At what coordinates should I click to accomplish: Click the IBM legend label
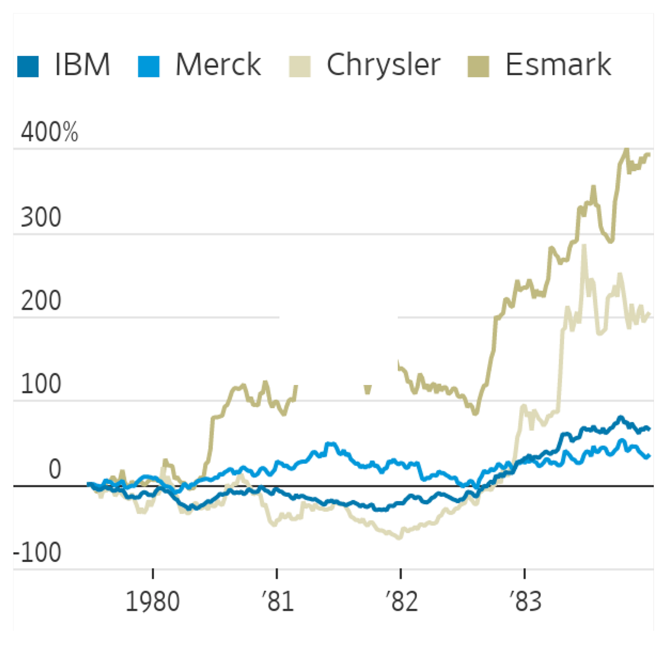[x=83, y=65]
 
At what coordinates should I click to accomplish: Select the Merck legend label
[x=218, y=65]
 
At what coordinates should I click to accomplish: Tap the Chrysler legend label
[x=383, y=65]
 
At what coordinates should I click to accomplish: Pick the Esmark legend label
[x=558, y=65]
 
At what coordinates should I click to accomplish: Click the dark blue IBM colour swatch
[x=28, y=67]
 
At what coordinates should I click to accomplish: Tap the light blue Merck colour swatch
[x=148, y=67]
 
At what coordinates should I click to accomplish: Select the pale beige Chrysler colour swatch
[x=300, y=67]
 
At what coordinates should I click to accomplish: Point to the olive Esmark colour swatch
[x=478, y=67]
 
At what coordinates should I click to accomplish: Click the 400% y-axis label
[x=49, y=132]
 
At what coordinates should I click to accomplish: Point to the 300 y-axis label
[x=41, y=217]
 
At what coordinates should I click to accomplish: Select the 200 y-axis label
[x=41, y=301]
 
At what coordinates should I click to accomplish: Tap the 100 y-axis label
[x=41, y=384]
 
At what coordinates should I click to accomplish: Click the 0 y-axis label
[x=55, y=469]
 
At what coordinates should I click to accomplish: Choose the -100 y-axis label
[x=38, y=552]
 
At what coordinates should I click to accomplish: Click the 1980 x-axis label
[x=153, y=602]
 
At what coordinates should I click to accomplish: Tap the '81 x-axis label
[x=277, y=602]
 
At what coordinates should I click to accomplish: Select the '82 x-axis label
[x=402, y=602]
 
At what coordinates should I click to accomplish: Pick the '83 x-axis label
[x=525, y=602]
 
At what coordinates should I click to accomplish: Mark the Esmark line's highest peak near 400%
[x=627, y=150]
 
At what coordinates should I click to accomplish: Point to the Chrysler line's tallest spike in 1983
[x=584, y=246]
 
